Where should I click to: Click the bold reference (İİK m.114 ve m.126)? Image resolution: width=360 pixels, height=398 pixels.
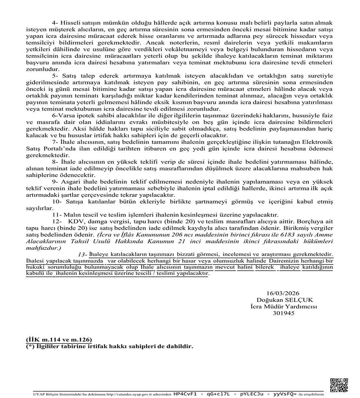(59, 339)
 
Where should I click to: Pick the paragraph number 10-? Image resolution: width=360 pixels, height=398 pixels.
(57, 202)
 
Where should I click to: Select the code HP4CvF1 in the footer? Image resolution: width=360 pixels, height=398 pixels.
(186, 394)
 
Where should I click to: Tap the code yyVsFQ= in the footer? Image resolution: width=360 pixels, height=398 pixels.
(284, 394)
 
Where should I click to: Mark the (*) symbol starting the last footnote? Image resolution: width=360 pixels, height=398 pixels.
(30, 346)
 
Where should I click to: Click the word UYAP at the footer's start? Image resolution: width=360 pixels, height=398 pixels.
(37, 394)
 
